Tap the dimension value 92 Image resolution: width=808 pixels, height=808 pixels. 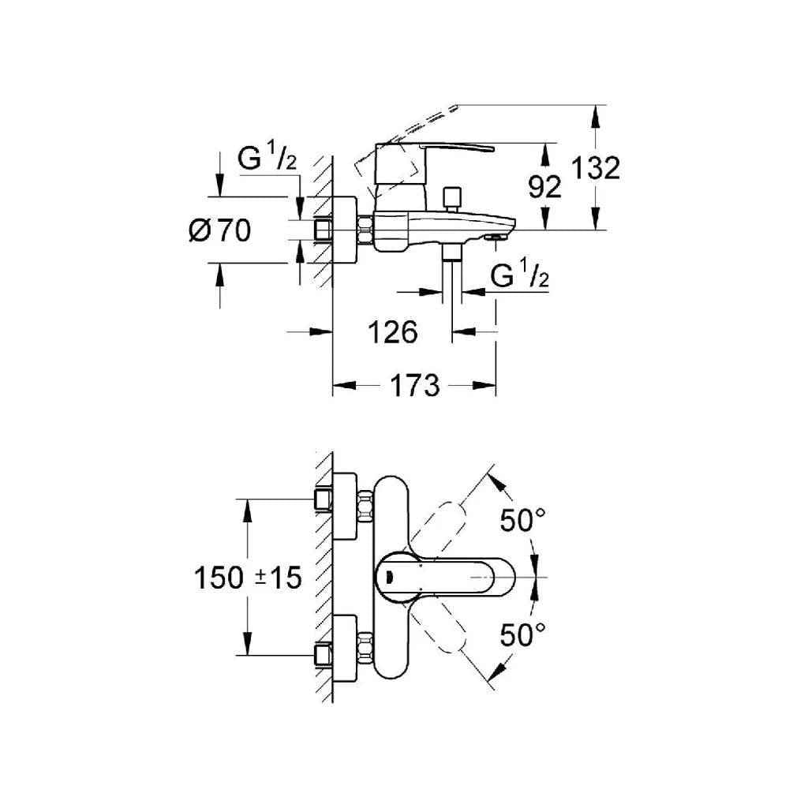pyautogui.click(x=544, y=187)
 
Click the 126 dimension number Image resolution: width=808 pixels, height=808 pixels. pyautogui.click(x=393, y=332)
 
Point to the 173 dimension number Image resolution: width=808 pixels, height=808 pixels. pyautogui.click(x=414, y=386)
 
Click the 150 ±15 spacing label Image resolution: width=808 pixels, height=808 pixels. pyautogui.click(x=248, y=578)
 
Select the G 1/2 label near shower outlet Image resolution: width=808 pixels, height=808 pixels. pyautogui.click(x=519, y=276)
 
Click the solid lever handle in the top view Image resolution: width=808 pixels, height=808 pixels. pyautogui.click(x=446, y=577)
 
